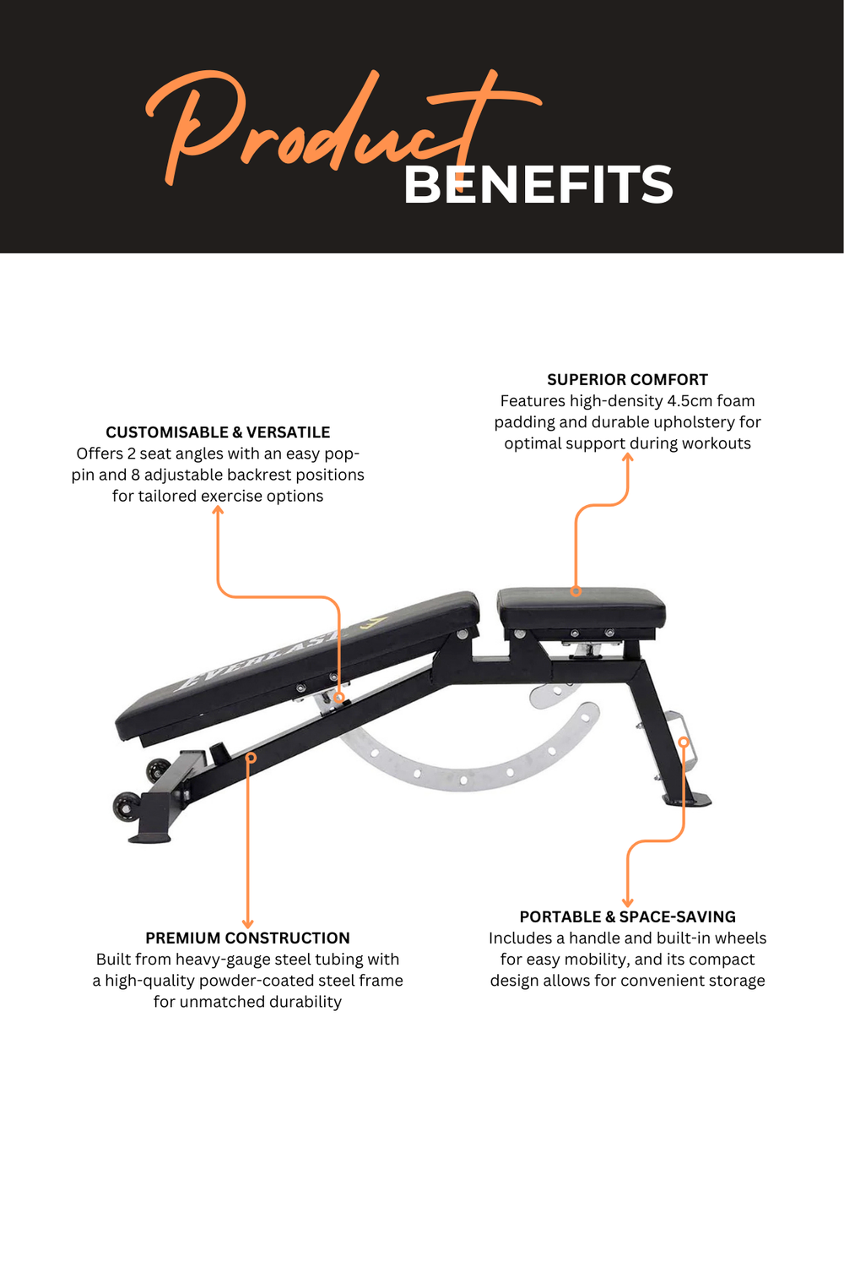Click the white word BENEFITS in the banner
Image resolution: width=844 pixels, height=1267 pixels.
(538, 184)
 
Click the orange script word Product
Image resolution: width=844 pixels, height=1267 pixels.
(344, 128)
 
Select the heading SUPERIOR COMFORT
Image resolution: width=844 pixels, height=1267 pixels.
(627, 379)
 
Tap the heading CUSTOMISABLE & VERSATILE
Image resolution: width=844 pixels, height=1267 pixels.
(218, 432)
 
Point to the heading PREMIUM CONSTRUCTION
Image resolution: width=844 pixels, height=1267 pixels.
(247, 938)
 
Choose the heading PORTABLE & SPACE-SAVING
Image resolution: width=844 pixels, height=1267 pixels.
(627, 916)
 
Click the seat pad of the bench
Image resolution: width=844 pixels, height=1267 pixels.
(582, 607)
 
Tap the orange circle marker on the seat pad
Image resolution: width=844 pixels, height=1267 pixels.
(576, 591)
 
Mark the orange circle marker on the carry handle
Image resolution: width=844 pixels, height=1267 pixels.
(684, 742)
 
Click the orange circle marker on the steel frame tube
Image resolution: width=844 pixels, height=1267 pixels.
(251, 758)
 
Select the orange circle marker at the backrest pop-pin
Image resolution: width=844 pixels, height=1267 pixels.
(338, 698)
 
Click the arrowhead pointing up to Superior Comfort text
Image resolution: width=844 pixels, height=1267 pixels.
(627, 457)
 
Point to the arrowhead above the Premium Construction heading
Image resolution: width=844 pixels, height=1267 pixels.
(247, 924)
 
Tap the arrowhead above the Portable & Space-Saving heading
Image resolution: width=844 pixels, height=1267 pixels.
(627, 903)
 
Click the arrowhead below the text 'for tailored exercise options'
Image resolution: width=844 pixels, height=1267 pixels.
(218, 509)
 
